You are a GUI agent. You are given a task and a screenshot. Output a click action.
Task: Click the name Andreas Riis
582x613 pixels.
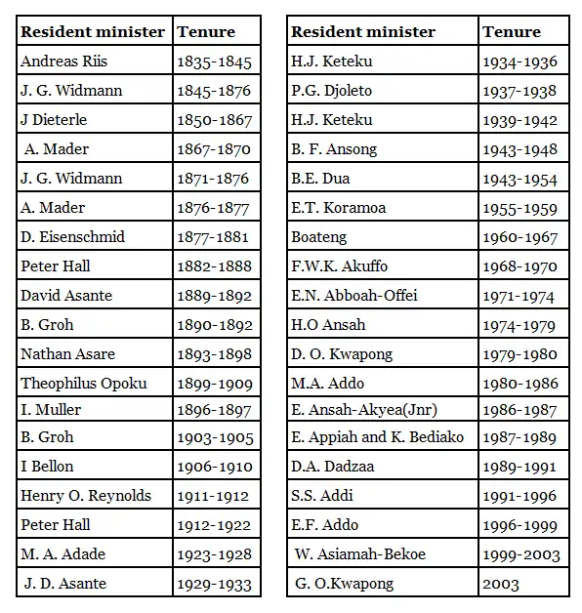point(63,61)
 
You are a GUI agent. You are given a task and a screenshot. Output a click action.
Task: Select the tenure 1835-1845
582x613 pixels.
point(214,62)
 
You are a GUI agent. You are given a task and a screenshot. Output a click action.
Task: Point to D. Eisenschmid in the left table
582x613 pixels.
point(73,237)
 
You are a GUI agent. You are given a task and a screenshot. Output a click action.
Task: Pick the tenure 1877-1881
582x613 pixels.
point(214,237)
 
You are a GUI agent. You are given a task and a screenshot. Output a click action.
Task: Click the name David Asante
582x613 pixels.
point(66,296)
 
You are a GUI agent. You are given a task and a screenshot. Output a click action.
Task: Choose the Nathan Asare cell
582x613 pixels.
point(67,354)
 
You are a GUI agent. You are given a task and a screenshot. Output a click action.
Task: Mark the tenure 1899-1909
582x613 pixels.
point(215,384)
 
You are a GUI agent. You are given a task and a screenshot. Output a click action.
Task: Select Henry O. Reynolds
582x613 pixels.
point(86,496)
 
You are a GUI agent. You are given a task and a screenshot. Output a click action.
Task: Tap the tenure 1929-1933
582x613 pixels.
point(214,584)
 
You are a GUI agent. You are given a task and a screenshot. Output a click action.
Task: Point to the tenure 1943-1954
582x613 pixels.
point(520,179)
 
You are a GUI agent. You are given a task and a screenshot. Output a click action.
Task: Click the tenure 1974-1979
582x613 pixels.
point(520,326)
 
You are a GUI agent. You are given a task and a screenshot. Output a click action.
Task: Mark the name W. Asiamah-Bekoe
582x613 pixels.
point(360,554)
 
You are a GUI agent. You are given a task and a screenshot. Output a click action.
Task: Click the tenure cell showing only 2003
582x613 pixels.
point(501,584)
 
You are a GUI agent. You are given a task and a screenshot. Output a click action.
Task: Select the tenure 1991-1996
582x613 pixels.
point(520,496)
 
